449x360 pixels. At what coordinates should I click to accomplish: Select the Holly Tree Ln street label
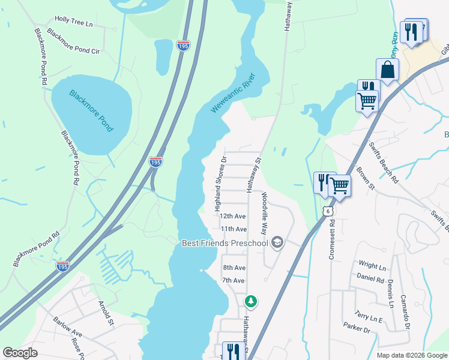(74, 21)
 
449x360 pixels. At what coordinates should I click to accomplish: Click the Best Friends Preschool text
(225, 243)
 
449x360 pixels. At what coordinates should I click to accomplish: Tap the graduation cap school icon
(277, 242)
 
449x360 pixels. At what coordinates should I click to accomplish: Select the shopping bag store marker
(388, 70)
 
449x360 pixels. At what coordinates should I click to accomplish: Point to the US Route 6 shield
(327, 211)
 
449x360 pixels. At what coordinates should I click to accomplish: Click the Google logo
(20, 353)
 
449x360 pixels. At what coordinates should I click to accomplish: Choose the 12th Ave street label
(233, 216)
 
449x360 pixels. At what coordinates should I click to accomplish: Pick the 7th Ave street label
(234, 280)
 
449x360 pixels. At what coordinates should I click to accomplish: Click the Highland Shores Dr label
(219, 184)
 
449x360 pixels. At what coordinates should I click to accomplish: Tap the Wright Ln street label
(372, 265)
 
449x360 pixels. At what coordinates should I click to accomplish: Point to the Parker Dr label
(357, 328)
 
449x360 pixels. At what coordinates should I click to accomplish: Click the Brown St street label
(365, 179)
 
